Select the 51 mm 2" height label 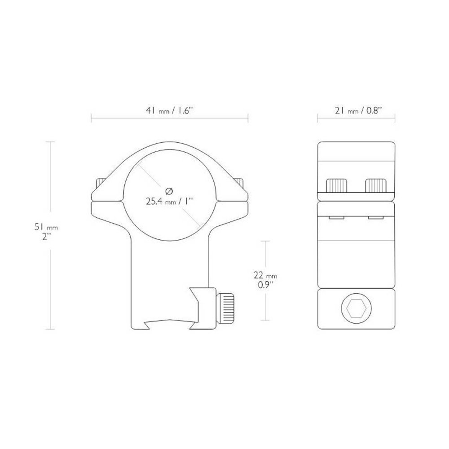point(47,232)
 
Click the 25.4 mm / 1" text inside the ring point(169,202)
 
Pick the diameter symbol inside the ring point(169,190)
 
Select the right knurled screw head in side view point(376,185)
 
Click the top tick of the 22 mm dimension point(267,241)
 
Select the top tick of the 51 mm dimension point(50,141)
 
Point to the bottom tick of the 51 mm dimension point(50,330)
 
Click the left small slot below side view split point(335,217)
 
